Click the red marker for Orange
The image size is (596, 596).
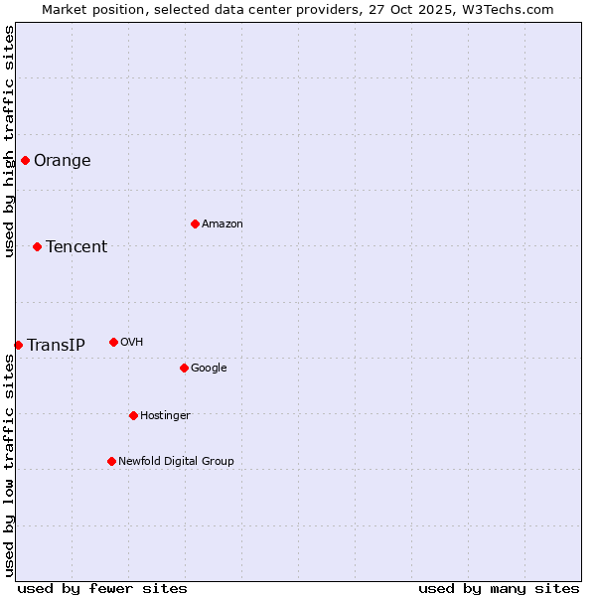click(25, 160)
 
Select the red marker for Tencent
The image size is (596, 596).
click(37, 246)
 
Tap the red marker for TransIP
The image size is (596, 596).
click(18, 345)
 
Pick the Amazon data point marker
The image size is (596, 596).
click(195, 223)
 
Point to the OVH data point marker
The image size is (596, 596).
click(113, 342)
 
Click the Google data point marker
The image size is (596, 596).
click(184, 368)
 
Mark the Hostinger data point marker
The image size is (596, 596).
click(133, 415)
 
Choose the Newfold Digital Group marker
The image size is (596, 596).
click(111, 461)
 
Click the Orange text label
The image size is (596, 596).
click(63, 161)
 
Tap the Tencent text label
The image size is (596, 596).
click(76, 247)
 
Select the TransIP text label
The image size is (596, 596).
click(56, 346)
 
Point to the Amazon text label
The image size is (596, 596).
click(223, 224)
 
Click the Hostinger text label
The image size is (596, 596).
click(165, 415)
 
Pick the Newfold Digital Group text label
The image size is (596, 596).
click(176, 461)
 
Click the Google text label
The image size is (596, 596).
click(209, 369)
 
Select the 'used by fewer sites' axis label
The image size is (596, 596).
click(102, 588)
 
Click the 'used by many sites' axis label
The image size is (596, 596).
click(499, 588)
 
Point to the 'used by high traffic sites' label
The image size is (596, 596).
click(9, 141)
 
